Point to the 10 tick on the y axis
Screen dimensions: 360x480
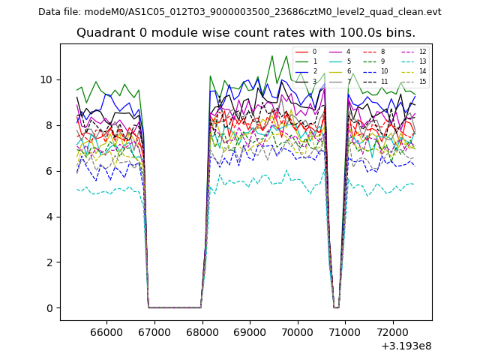(46, 79)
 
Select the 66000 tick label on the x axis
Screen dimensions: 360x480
(106, 331)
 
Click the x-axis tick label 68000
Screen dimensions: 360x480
(202, 331)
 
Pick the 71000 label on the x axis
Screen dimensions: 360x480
(345, 331)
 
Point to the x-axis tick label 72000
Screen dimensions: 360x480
(393, 331)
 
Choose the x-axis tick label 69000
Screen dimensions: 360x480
(250, 331)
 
